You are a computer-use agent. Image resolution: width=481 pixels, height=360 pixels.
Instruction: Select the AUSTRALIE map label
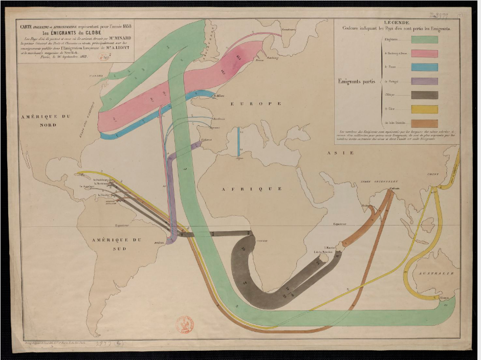pos(437,274)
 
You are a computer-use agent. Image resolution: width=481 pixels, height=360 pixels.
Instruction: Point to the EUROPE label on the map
pos(256,104)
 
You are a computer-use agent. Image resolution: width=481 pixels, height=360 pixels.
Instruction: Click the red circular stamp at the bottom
pos(185,325)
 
